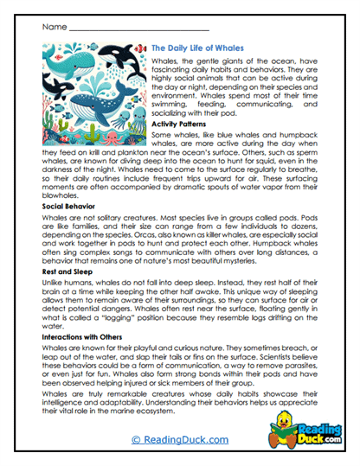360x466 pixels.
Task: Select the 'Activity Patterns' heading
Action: [x=180, y=124]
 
